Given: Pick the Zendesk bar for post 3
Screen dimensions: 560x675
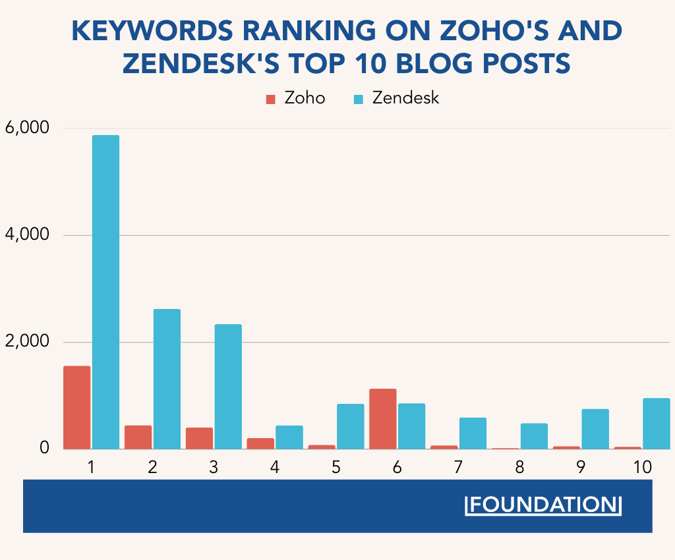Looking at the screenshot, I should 228,387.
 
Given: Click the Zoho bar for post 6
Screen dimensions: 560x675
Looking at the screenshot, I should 383,419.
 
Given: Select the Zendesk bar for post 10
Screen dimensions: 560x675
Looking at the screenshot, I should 656,424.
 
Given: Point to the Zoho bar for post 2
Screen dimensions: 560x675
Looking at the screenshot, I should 138,437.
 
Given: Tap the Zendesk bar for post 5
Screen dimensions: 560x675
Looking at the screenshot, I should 350,426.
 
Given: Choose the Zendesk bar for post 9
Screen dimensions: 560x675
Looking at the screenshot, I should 595,429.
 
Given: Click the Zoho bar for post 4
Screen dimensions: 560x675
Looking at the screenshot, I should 260,443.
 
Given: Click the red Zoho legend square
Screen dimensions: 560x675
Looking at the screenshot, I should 270,99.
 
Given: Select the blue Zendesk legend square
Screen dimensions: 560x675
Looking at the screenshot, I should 359,99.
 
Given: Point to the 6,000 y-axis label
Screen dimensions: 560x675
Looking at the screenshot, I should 26,128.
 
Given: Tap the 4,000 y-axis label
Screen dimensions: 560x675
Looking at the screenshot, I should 26,235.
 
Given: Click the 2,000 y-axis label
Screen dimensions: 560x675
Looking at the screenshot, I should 26,341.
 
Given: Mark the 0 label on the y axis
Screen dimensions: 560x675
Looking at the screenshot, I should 44,448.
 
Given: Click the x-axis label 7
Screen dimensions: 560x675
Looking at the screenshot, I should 459,467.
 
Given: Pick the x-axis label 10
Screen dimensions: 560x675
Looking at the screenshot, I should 642,467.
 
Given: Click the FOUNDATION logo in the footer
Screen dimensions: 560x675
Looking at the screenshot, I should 543,505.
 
